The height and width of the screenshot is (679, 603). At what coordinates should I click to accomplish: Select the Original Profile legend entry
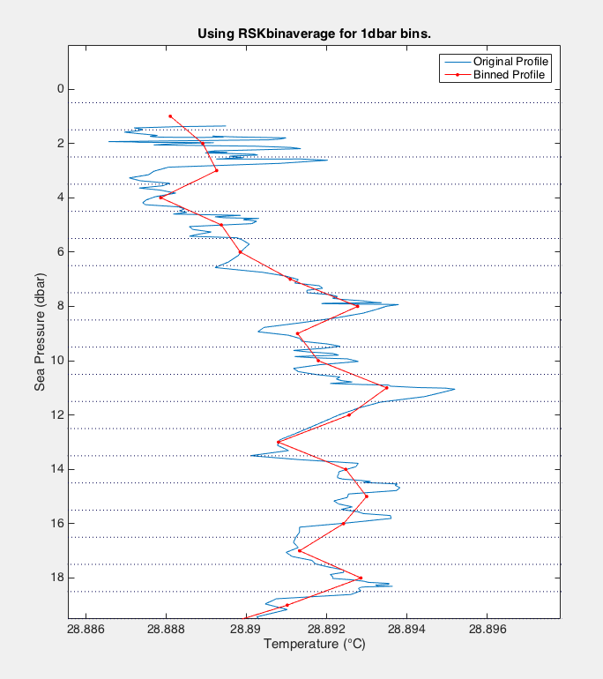(x=510, y=62)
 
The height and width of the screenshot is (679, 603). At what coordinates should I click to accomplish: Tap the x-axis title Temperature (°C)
(x=315, y=645)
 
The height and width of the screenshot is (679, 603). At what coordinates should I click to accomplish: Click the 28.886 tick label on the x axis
(x=85, y=630)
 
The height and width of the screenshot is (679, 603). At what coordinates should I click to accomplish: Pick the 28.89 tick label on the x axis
(x=246, y=630)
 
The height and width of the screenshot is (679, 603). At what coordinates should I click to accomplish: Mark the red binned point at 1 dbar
(x=170, y=116)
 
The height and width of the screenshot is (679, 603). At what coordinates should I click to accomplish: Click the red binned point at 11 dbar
(x=386, y=387)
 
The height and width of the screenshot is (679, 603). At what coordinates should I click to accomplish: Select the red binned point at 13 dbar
(x=278, y=442)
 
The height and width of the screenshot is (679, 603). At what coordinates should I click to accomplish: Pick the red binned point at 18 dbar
(x=361, y=578)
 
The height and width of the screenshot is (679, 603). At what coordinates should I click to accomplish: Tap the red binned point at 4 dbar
(x=160, y=198)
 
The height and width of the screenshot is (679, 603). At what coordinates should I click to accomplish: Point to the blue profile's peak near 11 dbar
(x=454, y=389)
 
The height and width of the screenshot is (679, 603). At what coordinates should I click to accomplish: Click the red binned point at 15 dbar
(x=366, y=496)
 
